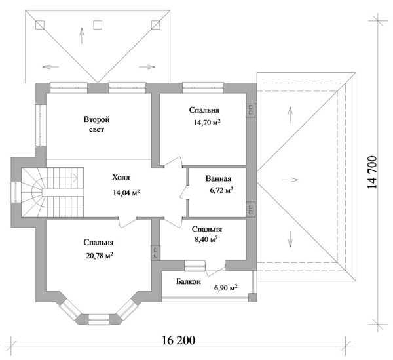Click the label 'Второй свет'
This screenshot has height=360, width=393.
(x=96, y=125)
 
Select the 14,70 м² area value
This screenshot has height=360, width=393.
(x=205, y=123)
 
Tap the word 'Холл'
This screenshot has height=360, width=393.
(x=121, y=178)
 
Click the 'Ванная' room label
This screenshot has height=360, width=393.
(x=217, y=178)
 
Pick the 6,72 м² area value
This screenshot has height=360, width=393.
(x=221, y=190)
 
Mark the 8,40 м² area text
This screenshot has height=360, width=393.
(x=205, y=240)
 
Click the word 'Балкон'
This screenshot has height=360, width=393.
(x=188, y=281)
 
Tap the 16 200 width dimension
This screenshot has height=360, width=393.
(x=179, y=341)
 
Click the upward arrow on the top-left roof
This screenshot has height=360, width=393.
(x=81, y=33)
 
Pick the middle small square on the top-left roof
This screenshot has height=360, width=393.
(x=98, y=26)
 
